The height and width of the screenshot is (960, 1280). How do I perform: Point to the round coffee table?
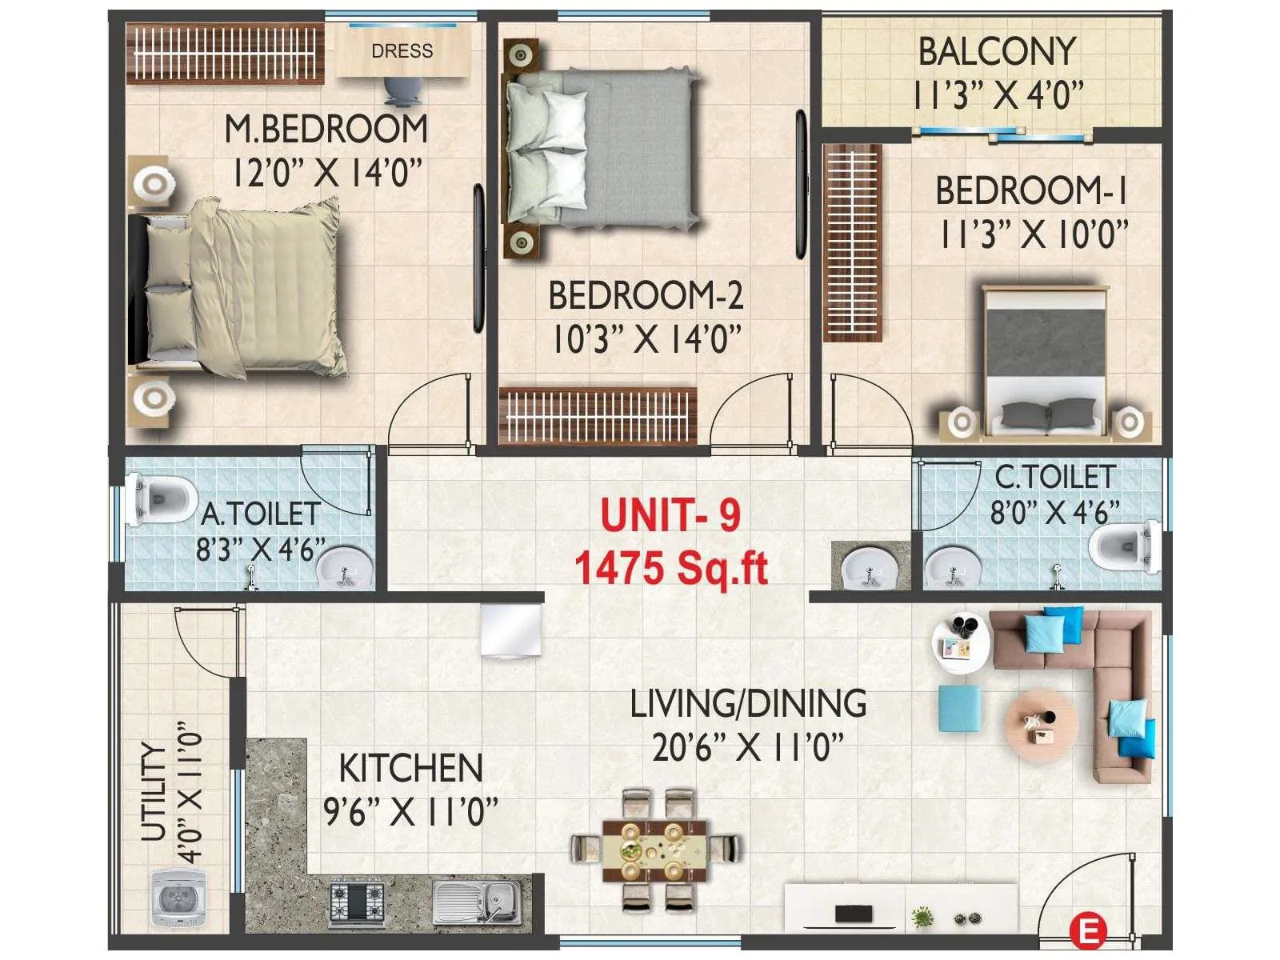pyautogui.click(x=1041, y=724)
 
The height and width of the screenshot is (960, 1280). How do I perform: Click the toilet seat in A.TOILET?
pyautogui.click(x=160, y=499)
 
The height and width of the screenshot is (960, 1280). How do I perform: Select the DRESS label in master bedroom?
pyautogui.click(x=402, y=51)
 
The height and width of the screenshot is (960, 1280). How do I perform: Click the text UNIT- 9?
pyautogui.click(x=670, y=514)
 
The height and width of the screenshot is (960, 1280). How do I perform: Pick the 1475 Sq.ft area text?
pyautogui.click(x=670, y=569)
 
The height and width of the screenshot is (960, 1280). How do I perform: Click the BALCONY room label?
pyautogui.click(x=996, y=52)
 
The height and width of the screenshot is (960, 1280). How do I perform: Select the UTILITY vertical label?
pyautogui.click(x=154, y=792)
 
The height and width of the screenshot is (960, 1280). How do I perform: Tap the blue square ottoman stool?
pyautogui.click(x=959, y=707)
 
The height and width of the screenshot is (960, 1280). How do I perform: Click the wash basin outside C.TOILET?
pyautogui.click(x=870, y=569)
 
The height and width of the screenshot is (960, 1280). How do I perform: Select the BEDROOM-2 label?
pyautogui.click(x=646, y=295)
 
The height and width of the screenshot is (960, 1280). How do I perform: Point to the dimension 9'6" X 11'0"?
pyautogui.click(x=410, y=812)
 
